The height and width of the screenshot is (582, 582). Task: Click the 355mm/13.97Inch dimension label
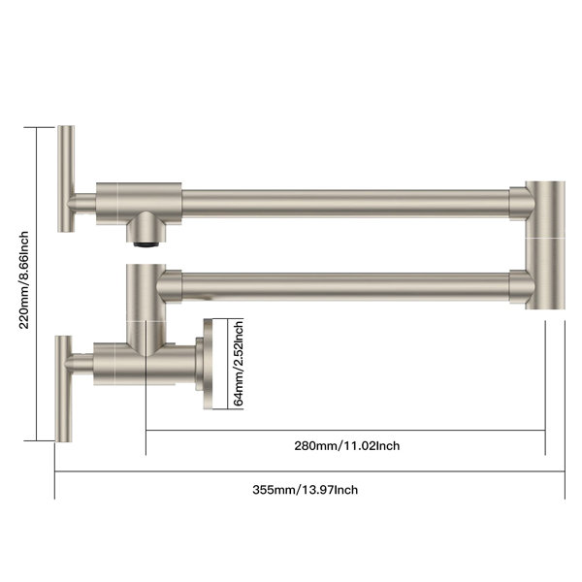coord(306,490)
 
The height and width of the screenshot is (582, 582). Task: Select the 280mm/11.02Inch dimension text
coord(347,445)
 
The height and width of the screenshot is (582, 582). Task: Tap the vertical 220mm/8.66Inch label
coord(23,280)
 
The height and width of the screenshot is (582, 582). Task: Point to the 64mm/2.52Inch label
coord(239,364)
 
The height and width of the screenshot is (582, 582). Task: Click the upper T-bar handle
coord(66,178)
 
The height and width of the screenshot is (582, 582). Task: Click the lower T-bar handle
coord(64,389)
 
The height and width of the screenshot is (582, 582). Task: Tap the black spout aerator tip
coord(146,244)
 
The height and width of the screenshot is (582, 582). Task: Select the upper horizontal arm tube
coord(345,203)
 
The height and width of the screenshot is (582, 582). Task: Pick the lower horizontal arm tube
coord(345,286)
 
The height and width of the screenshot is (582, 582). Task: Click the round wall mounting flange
coord(208,364)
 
